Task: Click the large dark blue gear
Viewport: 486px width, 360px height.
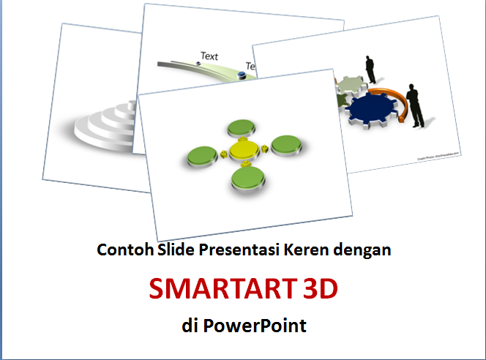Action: tap(373, 109)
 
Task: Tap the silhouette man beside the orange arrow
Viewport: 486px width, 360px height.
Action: tap(414, 105)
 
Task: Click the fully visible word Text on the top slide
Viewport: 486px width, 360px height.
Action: tap(209, 56)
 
